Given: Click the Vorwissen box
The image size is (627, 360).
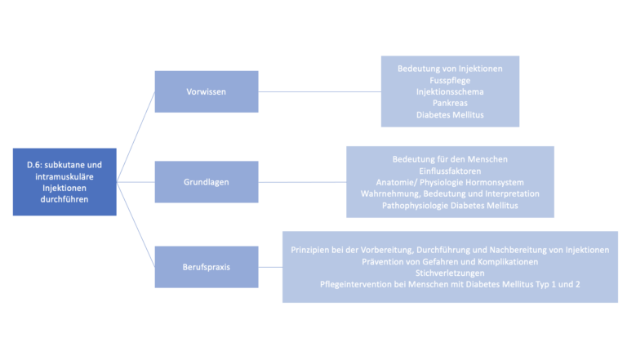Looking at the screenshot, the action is tap(207, 91).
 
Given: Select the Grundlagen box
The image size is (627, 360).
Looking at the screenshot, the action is tap(207, 182).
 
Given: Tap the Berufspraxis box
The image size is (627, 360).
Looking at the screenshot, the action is tap(207, 267).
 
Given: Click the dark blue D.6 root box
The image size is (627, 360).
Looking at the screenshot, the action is tap(64, 182).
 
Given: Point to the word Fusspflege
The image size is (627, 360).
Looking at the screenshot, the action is tap(450, 80).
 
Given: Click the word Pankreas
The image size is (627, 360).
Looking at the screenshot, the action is tap(450, 103).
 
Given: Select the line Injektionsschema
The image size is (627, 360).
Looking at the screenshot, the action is tap(450, 91).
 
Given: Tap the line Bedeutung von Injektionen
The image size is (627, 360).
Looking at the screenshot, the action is tap(450, 69).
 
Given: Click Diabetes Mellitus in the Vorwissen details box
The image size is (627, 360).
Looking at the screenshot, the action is tap(450, 115).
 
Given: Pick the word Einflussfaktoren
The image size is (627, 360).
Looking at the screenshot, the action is tap(450, 171).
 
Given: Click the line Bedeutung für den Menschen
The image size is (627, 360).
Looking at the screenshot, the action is tap(450, 159).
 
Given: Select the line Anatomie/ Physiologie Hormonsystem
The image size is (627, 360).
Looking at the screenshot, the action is tap(450, 182).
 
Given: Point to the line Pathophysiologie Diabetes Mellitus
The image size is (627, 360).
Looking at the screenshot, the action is tap(450, 206).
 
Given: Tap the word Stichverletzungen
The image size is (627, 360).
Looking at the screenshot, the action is tap(450, 273).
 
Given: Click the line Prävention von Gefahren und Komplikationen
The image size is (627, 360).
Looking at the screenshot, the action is tap(450, 262).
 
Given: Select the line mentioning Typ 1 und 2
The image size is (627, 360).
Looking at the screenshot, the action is tap(450, 284).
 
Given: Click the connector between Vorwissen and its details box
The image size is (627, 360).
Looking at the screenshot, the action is tap(319, 91).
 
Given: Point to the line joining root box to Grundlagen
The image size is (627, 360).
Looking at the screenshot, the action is tap(136, 182).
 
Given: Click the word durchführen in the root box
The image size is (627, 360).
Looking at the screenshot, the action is tap(64, 199).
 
